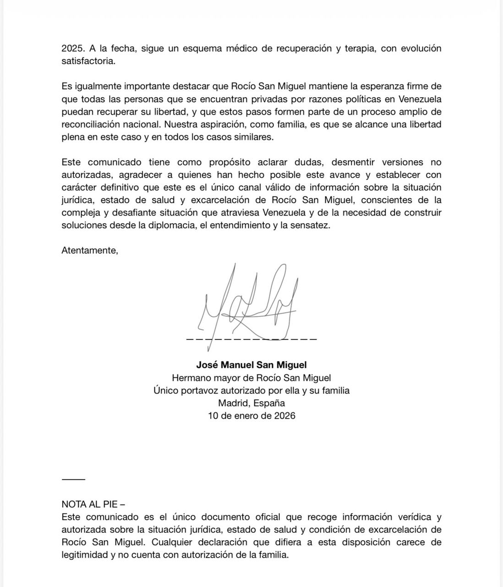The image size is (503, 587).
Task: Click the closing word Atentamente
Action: pyautogui.click(x=89, y=250)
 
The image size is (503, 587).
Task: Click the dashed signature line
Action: pyautogui.click(x=251, y=339)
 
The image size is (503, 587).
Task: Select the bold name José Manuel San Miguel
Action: pyautogui.click(x=251, y=365)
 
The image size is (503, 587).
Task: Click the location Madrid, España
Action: pyautogui.click(x=251, y=403)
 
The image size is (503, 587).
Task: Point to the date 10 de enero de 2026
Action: pyautogui.click(x=251, y=415)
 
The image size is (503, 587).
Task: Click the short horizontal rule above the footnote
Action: pyautogui.click(x=73, y=479)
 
